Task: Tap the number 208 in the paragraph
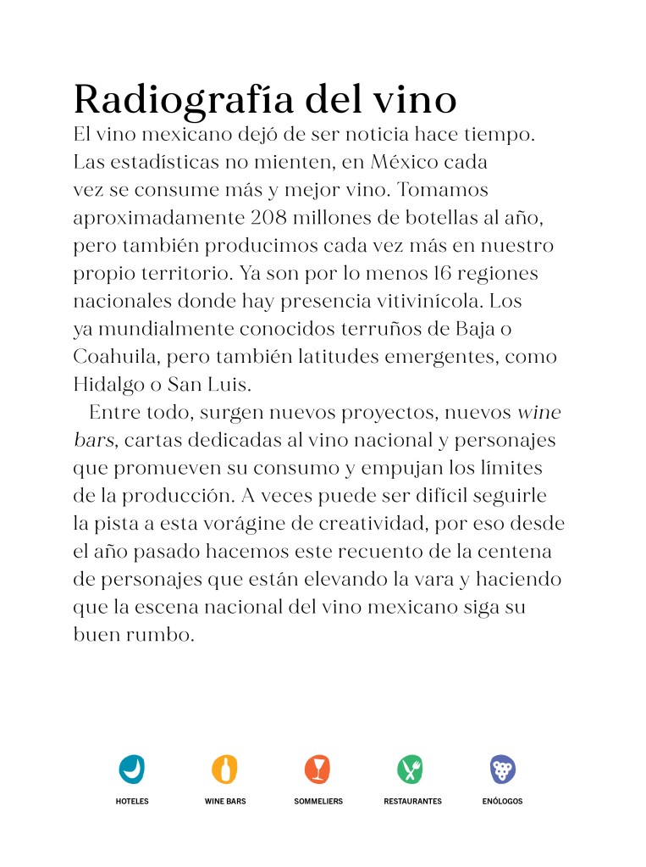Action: point(273,217)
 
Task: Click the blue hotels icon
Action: point(132,770)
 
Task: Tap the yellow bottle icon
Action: point(224,770)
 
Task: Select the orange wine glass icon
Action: point(317,770)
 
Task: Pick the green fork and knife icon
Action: point(411,770)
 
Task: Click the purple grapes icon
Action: point(504,770)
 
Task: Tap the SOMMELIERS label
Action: point(318,801)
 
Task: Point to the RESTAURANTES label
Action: point(412,801)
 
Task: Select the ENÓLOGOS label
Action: point(503,801)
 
